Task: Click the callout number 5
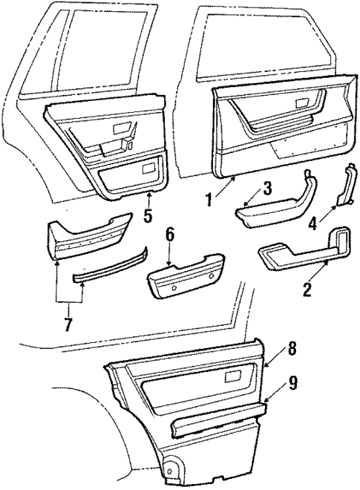pos(148,218)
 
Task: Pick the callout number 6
pos(170,235)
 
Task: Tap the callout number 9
pos(294,382)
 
